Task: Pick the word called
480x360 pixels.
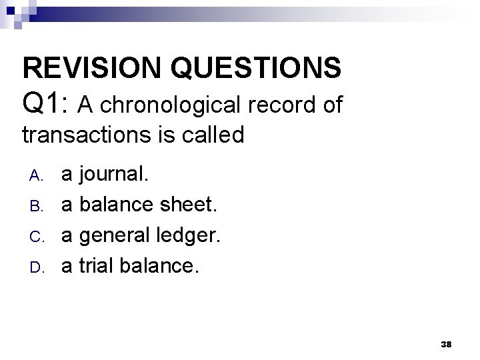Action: click(213, 135)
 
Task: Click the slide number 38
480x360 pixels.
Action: click(447, 343)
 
